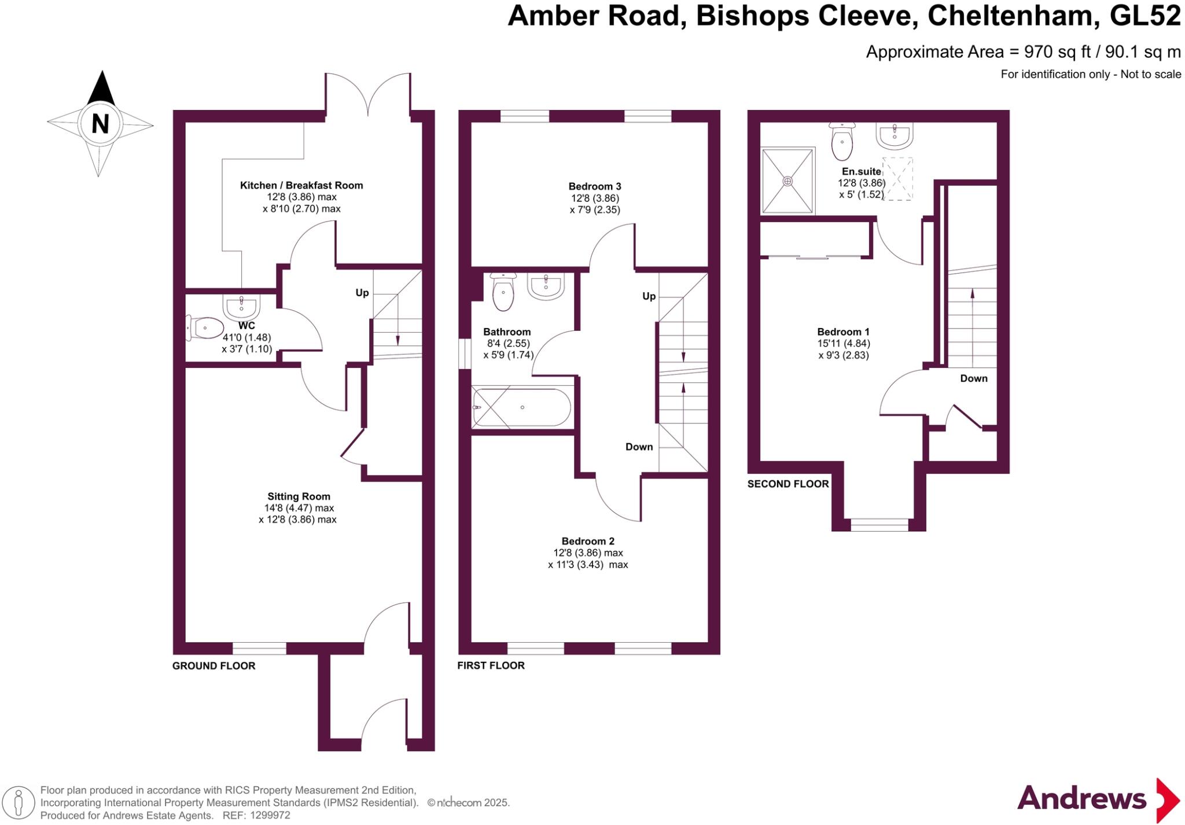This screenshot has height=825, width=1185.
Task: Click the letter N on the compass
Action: click(100, 123)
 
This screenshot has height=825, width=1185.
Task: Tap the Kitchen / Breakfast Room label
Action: click(301, 185)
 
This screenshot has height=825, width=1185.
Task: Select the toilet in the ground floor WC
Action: click(205, 328)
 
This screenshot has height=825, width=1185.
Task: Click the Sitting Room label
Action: click(299, 496)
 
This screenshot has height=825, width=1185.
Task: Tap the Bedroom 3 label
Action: click(595, 186)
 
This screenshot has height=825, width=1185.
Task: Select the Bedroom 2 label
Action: click(588, 541)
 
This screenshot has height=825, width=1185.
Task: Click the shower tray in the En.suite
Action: click(787, 181)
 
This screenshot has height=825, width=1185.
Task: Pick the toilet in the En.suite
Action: click(842, 141)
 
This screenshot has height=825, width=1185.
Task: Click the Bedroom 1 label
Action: click(843, 332)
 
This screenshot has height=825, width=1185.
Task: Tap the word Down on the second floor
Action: click(974, 378)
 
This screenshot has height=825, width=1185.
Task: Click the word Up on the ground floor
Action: click(362, 293)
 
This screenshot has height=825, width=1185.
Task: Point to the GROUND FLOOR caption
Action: click(214, 666)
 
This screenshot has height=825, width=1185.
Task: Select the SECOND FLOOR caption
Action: click(788, 484)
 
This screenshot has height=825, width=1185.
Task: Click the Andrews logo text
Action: click(1081, 799)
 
